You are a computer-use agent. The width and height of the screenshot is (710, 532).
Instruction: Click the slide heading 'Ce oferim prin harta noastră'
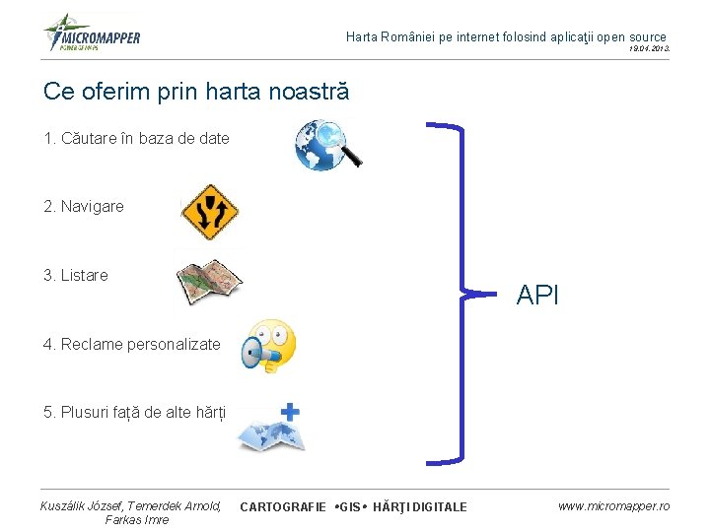(196, 92)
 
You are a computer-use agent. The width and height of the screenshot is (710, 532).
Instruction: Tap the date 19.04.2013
(649, 48)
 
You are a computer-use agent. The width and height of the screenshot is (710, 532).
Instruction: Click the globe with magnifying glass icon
(328, 145)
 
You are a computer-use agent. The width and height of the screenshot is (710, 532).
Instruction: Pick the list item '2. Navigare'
(84, 207)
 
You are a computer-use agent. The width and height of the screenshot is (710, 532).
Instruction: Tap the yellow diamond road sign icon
(210, 212)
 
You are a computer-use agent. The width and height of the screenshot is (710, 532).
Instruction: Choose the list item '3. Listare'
(76, 276)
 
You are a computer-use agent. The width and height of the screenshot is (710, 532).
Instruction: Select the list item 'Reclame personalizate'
(132, 345)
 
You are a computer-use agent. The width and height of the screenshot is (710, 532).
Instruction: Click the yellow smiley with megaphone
(268, 346)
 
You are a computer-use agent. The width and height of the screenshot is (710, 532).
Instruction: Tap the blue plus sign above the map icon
(291, 411)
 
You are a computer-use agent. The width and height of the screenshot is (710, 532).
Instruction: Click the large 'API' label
(537, 295)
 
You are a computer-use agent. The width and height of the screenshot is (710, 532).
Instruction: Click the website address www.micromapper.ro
(613, 505)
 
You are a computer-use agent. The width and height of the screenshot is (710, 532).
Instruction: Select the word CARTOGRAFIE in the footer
(283, 506)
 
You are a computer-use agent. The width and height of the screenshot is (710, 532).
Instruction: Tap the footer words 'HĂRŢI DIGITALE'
(419, 506)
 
